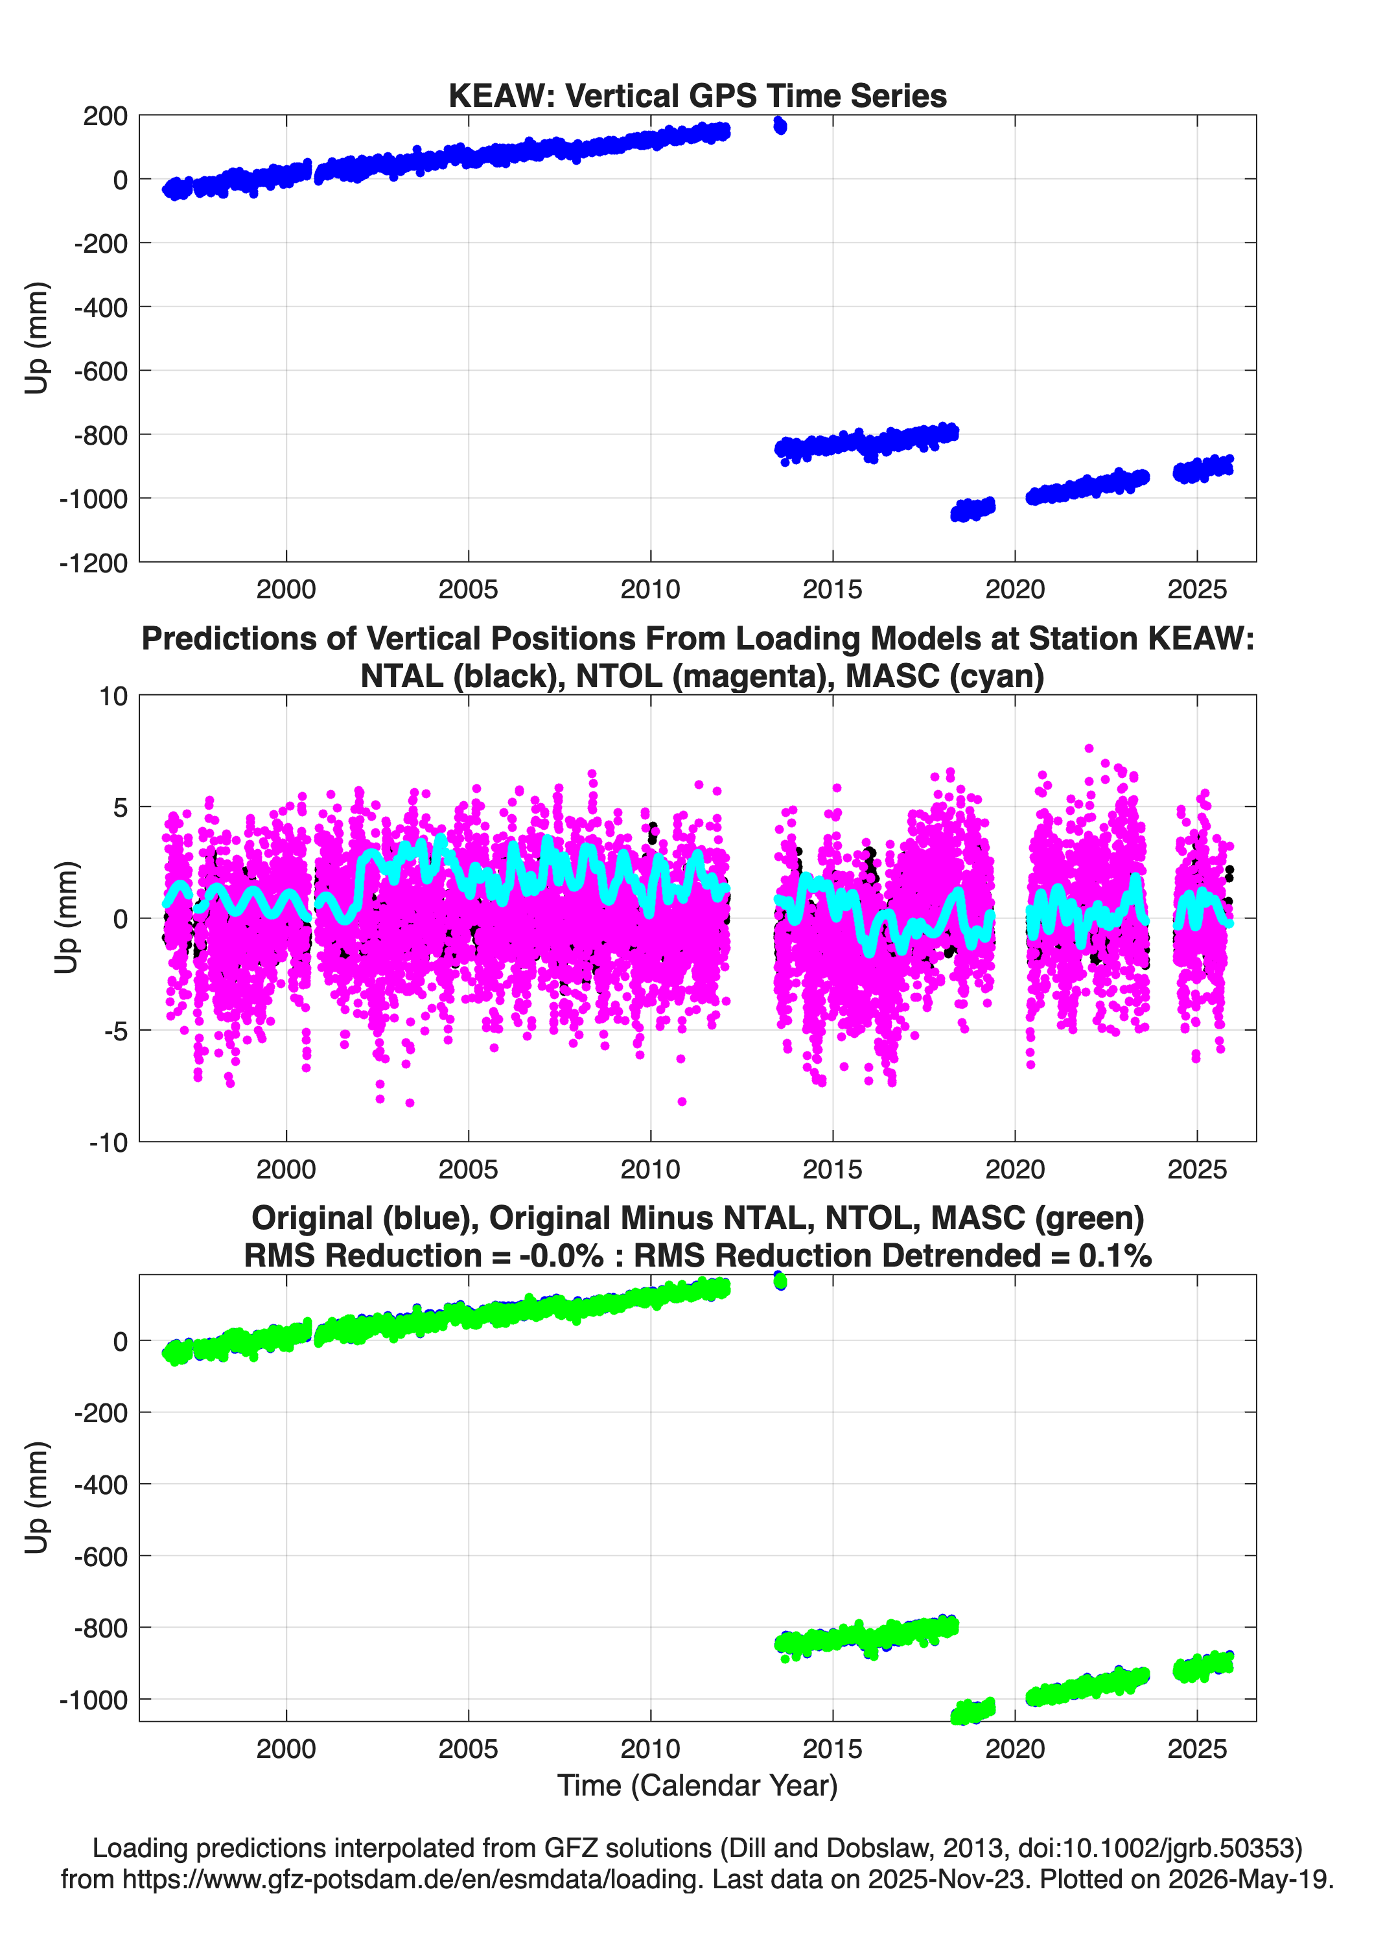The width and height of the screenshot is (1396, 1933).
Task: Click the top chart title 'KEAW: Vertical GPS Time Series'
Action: (697, 95)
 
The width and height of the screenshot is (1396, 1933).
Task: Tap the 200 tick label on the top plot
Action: (105, 116)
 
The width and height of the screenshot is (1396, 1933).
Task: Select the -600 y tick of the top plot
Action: (100, 371)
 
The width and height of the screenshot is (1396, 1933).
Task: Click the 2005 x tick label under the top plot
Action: (468, 589)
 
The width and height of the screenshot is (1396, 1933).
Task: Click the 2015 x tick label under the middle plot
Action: (833, 1169)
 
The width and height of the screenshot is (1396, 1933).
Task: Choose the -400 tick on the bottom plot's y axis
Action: (100, 1484)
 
